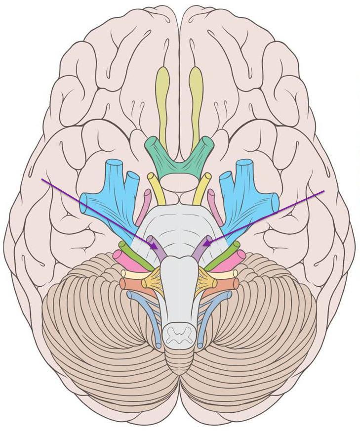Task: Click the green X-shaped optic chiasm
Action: tap(179, 158)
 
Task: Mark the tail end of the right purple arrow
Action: tap(324, 191)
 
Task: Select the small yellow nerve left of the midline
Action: tap(157, 188)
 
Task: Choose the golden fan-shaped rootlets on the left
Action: tap(153, 282)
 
